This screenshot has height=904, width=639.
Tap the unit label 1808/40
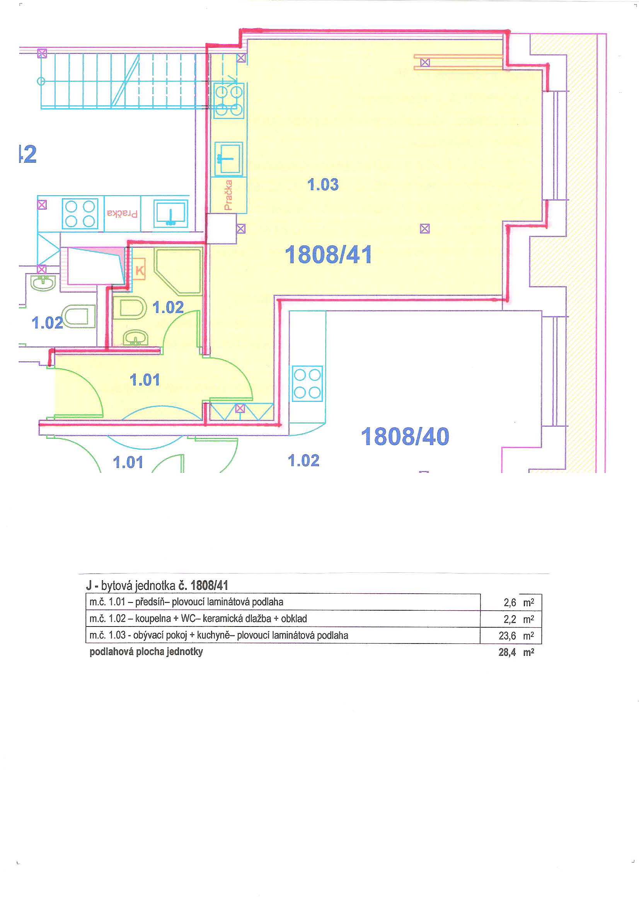[405, 436]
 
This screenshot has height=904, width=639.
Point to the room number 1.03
[323, 184]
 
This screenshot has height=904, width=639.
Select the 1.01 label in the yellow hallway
[145, 380]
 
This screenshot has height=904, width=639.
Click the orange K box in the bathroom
[140, 271]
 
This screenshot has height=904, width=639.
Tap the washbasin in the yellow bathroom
[136, 338]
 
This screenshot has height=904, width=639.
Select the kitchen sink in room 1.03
[228, 158]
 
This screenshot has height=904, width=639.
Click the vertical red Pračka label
[228, 195]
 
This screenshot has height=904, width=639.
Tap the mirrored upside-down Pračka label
[123, 214]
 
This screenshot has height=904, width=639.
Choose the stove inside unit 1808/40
[307, 383]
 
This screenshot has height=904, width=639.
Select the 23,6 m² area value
[516, 635]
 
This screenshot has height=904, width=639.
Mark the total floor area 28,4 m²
[516, 652]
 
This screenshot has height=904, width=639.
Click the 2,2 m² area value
[518, 619]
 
